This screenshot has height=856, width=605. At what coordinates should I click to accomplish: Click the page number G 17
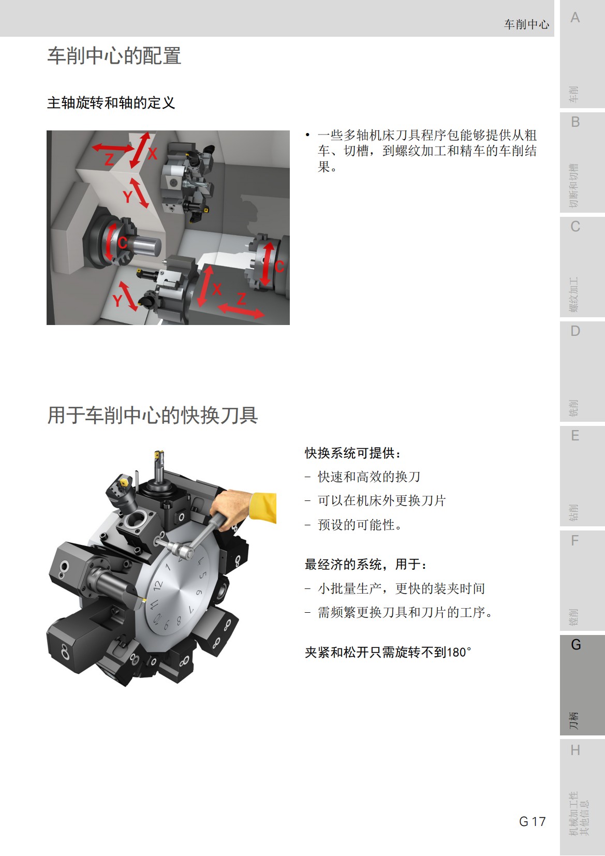pos(532,821)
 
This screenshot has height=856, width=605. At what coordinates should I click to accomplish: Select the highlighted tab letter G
pos(576,644)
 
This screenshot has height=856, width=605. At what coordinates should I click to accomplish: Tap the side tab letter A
pos(575,18)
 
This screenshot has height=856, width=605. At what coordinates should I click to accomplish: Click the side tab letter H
pos(575,750)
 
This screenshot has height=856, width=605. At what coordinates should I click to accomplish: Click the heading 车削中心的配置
pos(114,56)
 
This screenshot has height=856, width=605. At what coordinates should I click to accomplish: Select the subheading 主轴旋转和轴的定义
pos(111,103)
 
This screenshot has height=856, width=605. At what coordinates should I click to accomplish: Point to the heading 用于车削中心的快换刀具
pos(153,415)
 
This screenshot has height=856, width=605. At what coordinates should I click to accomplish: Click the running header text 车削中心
pos(526,24)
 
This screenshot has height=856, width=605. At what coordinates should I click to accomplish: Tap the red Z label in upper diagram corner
pos(109,159)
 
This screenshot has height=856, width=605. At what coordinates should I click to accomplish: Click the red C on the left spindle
pos(122,243)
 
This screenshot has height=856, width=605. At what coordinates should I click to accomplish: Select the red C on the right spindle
pos(279,267)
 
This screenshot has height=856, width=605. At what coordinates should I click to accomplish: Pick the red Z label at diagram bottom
pos(241,299)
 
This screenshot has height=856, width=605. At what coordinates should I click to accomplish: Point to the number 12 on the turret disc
pos(158,585)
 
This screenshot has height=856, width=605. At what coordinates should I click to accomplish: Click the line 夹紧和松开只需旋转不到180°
pos(388,652)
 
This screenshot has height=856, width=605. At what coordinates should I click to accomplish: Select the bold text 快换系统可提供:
pos(353,453)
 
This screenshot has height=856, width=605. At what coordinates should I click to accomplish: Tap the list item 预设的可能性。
pos(360,525)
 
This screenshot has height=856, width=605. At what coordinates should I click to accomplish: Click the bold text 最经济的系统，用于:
pos(366,564)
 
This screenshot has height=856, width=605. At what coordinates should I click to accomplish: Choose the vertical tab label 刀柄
pos(573,720)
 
